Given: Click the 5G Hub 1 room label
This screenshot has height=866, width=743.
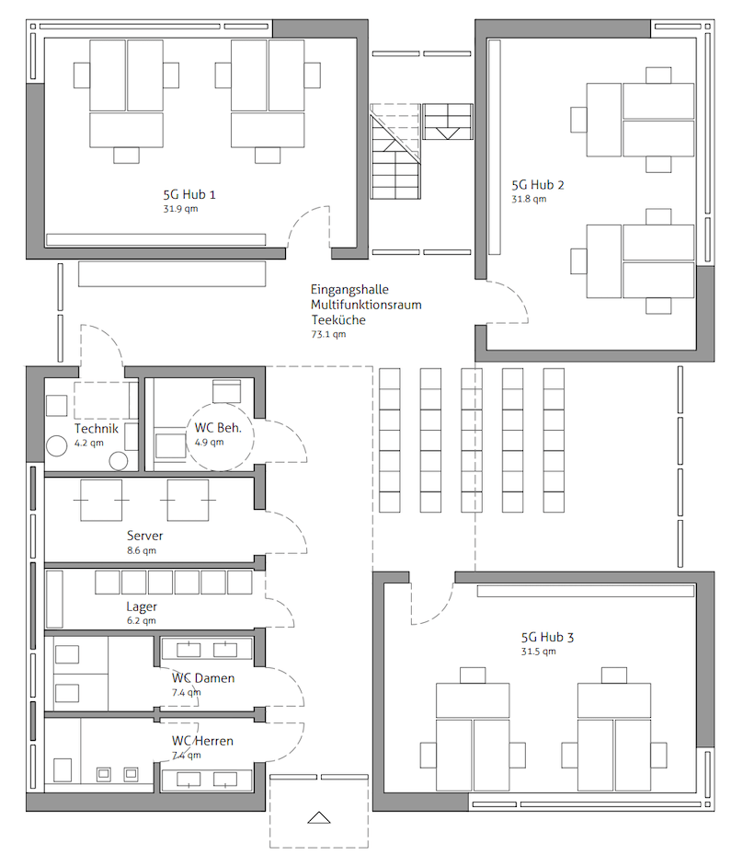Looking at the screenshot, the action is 189,194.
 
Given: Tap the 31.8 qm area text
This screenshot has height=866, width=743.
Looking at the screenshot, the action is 529,199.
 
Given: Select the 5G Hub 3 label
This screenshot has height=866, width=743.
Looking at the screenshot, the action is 547,638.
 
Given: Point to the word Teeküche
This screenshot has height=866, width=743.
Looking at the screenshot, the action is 338,319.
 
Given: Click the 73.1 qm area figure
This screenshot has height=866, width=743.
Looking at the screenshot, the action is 328,334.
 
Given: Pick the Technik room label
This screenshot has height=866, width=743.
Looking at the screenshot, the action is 97,429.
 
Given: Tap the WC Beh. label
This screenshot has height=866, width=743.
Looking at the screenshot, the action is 218,427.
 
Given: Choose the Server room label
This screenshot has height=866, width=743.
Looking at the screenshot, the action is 144,536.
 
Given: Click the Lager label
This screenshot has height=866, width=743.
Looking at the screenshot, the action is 142,607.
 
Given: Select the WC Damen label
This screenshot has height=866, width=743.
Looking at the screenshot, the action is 203,678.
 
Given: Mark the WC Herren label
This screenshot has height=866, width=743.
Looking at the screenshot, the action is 202,741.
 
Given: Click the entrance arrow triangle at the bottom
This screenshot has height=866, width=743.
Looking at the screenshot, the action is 318,818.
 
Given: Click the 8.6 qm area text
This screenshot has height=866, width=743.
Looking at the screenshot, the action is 142,550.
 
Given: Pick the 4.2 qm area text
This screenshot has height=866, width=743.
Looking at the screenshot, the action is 89,443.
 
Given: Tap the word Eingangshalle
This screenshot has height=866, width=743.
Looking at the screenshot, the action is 349,290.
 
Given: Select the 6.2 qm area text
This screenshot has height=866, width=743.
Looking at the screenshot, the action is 142,621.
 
